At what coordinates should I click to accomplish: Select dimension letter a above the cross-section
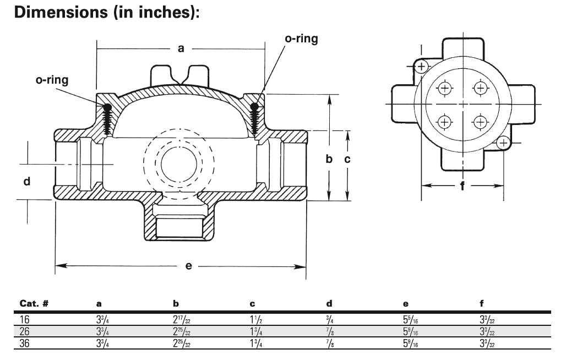[181, 48]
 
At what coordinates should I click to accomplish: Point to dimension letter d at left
[26, 181]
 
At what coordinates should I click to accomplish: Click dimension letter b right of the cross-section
[329, 159]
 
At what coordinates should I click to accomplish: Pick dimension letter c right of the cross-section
[347, 159]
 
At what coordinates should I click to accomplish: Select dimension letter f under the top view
[462, 186]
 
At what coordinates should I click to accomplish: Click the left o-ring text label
[52, 80]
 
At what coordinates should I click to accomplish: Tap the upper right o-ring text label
[301, 40]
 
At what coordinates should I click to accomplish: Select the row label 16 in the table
[25, 319]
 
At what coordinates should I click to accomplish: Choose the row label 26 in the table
[25, 331]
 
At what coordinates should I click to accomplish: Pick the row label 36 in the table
[25, 343]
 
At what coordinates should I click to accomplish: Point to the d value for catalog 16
[329, 319]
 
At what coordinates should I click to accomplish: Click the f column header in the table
[482, 303]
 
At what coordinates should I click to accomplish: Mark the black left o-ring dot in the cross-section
[107, 106]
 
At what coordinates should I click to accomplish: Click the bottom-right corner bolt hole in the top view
[502, 143]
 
